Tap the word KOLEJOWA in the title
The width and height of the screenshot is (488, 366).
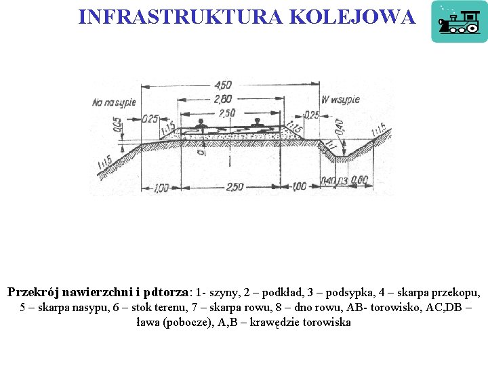(x=352, y=16)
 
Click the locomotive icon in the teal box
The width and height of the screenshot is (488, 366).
(x=459, y=22)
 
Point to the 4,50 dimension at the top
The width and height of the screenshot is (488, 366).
(x=222, y=85)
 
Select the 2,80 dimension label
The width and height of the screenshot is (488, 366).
(x=222, y=99)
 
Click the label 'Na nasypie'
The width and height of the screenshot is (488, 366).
(x=114, y=102)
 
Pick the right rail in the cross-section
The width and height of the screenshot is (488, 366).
(x=257, y=124)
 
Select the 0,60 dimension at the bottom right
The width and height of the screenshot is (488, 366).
(x=360, y=180)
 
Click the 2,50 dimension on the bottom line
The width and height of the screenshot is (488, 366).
(x=234, y=187)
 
